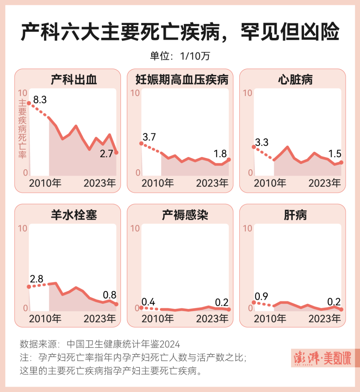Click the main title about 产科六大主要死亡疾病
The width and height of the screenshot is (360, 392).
click(180, 33)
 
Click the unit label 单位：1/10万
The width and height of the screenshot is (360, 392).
click(180, 56)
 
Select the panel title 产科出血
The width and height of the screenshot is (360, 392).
click(74, 80)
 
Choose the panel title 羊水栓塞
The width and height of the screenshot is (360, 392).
click(74, 215)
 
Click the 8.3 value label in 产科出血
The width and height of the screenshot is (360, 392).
click(40, 100)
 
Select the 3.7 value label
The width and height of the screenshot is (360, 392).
click(149, 137)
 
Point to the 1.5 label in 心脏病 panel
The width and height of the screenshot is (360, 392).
click(334, 153)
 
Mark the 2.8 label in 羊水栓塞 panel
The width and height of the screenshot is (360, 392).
click(36, 279)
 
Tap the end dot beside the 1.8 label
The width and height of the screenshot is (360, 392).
click(229, 160)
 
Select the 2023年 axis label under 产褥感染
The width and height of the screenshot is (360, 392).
click(212, 318)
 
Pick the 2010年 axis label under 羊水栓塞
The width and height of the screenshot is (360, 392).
click(45, 318)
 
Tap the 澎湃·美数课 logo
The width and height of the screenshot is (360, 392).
click(322, 358)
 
